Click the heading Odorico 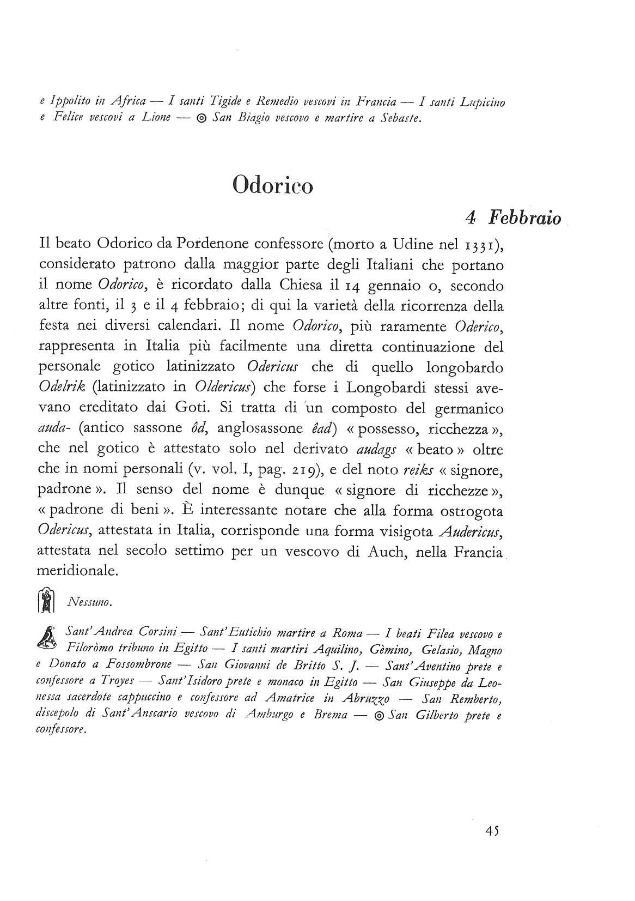coord(272,185)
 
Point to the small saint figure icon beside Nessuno coord(47,601)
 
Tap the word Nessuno coord(90,602)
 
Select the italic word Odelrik coord(59,387)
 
